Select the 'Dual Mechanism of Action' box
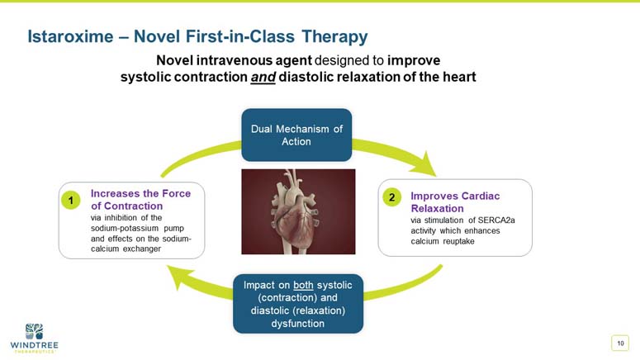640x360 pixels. (296, 135)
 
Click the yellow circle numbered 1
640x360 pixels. (71, 201)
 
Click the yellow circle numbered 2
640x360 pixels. (391, 197)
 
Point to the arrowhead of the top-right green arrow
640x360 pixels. (428, 165)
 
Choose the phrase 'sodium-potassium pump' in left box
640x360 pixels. (137, 229)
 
